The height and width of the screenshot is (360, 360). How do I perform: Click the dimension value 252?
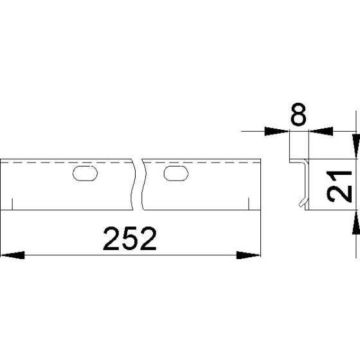(x=130, y=240)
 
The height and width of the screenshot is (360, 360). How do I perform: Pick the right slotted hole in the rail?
(x=175, y=173)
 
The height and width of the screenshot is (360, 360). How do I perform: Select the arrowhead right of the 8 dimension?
(x=319, y=132)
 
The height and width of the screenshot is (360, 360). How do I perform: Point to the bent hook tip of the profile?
(x=301, y=205)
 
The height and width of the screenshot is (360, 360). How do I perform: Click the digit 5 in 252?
(x=130, y=240)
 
